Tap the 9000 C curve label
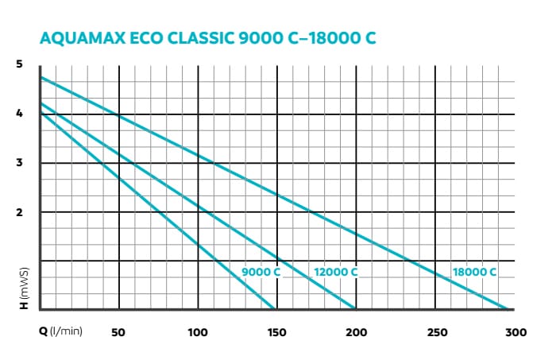coord(261,272)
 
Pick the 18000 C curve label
coord(474,272)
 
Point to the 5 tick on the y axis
coord(20,64)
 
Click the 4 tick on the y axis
coord(20,114)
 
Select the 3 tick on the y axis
coord(20,163)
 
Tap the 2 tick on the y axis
coord(20,212)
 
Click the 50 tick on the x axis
coord(118,331)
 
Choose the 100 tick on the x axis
coord(198,331)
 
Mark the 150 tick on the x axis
coord(277,331)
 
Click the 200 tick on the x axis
coord(357,331)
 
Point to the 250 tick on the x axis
coord(436,331)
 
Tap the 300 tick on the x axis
coord(515,331)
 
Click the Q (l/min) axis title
coord(60,331)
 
